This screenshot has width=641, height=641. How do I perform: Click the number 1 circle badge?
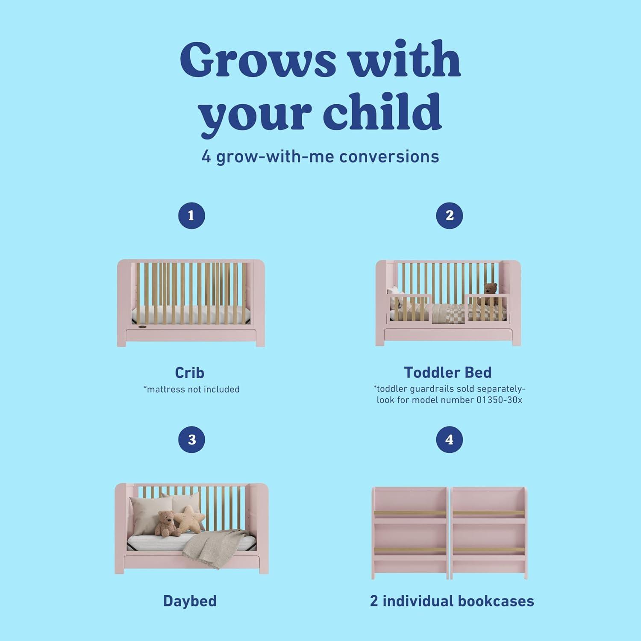[191, 215]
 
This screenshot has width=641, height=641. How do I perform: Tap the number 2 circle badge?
[449, 215]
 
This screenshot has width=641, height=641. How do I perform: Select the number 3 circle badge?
[191, 440]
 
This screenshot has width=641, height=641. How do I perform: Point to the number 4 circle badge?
[449, 440]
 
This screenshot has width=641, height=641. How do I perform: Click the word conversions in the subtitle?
[389, 157]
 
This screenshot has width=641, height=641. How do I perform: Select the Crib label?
[190, 373]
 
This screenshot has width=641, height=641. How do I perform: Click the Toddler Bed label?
[448, 373]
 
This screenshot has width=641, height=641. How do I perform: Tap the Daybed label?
[190, 601]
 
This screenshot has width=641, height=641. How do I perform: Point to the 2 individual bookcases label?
[452, 601]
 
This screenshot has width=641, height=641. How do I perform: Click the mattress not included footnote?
[191, 389]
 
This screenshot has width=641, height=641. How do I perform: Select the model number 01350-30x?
[499, 400]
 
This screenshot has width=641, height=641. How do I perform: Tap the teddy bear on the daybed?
[165, 523]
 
